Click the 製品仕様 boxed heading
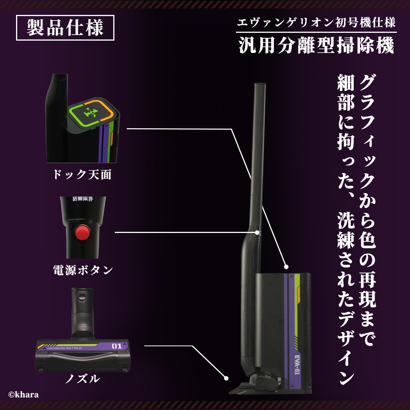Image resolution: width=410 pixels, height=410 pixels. click(65, 28)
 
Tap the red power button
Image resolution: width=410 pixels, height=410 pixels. click(82, 233)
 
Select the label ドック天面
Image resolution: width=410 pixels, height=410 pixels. click(82, 174)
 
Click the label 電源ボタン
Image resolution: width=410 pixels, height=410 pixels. click(83, 270)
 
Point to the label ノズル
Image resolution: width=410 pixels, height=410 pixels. click(82, 379)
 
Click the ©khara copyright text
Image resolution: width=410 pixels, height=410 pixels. click(23, 395)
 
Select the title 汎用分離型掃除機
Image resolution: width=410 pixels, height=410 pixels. click(316, 46)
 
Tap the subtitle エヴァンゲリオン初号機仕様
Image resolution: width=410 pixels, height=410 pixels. click(316, 23)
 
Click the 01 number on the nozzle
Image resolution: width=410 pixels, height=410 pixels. click(117, 346)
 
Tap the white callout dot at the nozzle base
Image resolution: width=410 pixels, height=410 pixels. click(226, 378)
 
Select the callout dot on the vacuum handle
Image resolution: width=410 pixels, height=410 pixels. click(257, 232)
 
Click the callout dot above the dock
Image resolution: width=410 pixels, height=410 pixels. click(286, 267)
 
